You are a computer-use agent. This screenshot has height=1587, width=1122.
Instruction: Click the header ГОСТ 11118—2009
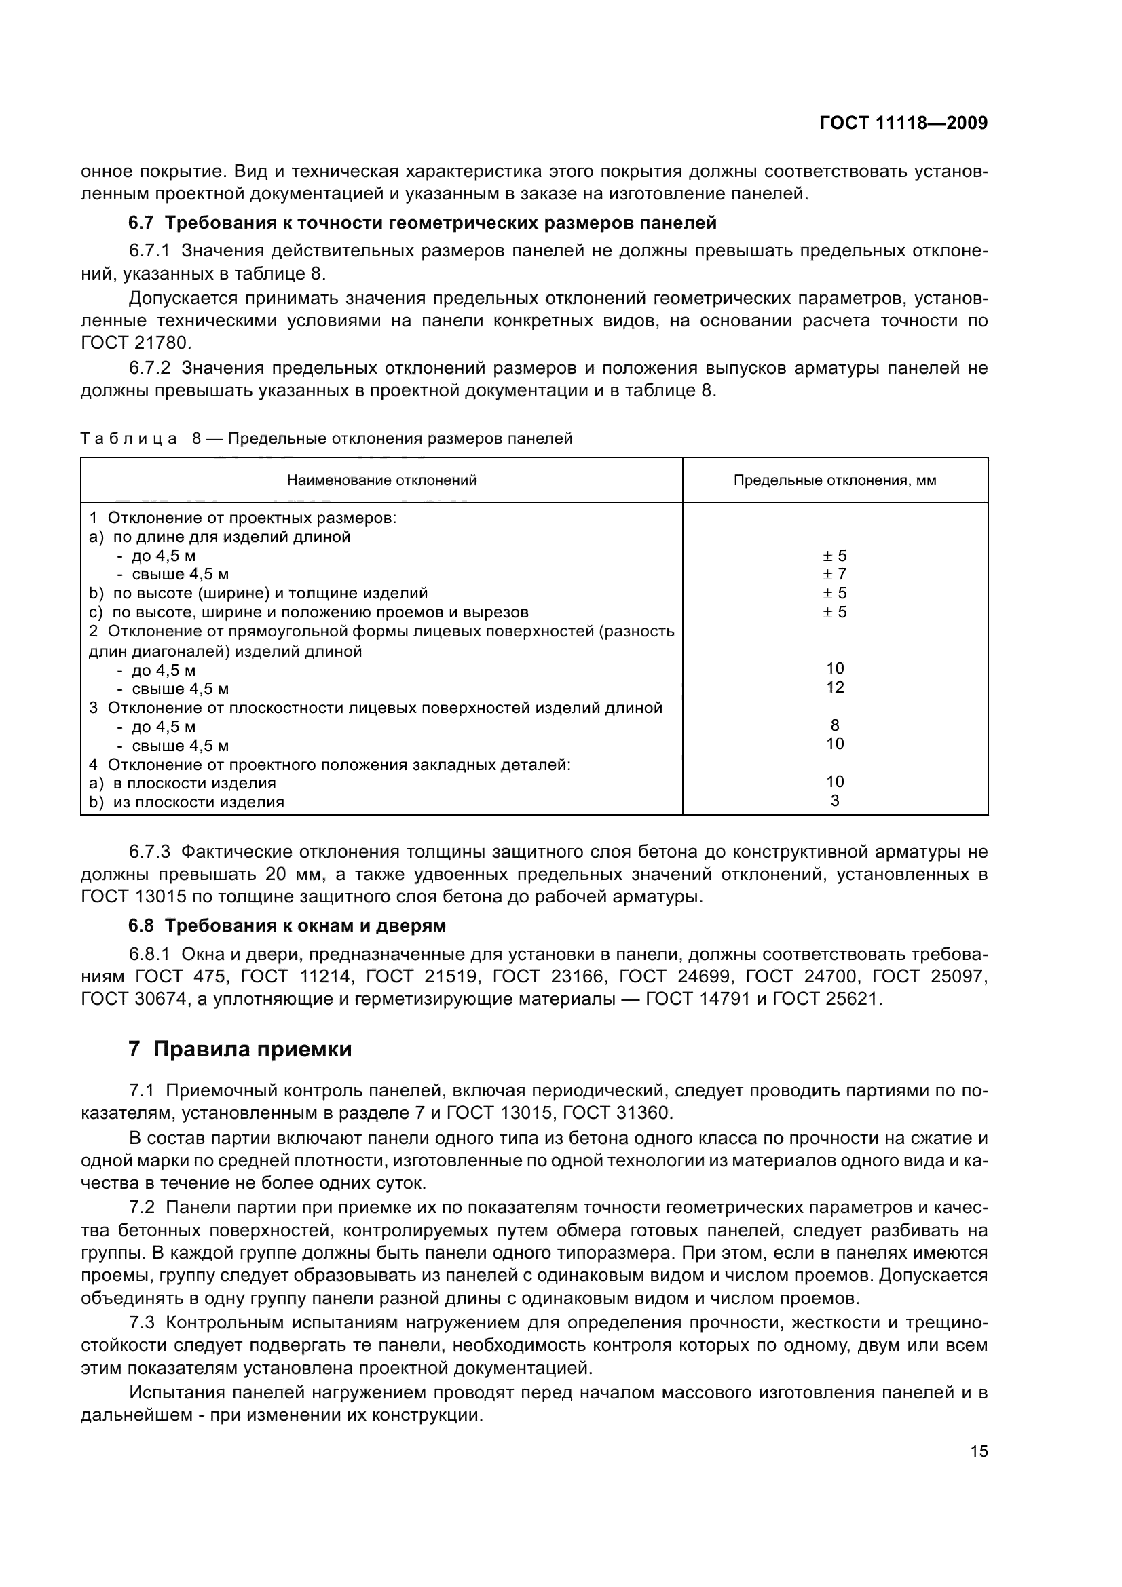[903, 123]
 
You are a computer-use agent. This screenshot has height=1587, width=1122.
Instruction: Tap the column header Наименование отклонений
[381, 480]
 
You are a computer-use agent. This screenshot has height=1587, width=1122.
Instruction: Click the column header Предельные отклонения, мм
[834, 480]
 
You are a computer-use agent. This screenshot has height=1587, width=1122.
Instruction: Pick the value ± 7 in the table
[834, 575]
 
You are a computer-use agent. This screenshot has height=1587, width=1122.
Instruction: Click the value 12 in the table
[835, 687]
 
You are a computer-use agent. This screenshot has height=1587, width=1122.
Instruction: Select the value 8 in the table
[835, 725]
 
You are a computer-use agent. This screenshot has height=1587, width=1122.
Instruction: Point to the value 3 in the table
[835, 801]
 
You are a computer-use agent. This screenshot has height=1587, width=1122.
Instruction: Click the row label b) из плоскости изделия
[187, 803]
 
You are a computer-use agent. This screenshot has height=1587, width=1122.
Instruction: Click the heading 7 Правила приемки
[240, 1049]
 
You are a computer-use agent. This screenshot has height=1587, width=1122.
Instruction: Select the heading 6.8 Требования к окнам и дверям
[287, 925]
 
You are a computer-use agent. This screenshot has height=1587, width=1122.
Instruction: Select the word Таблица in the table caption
[128, 439]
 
